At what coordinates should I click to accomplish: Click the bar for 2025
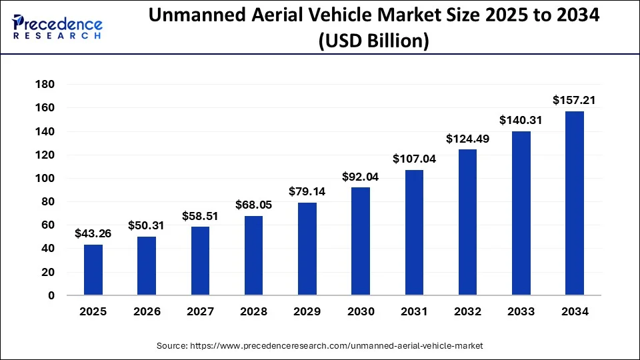point(93,270)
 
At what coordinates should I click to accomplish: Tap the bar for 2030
point(361,241)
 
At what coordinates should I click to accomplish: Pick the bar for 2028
point(254,255)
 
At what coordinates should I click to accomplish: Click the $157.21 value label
point(575,101)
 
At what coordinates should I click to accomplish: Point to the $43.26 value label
point(93,234)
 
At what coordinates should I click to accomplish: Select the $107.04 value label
point(414,159)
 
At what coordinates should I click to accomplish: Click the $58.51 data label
point(200,216)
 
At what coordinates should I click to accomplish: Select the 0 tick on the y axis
point(51,295)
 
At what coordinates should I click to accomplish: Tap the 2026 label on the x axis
point(147,312)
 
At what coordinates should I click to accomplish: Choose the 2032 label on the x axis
point(467,312)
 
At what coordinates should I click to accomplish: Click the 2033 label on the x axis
point(521,312)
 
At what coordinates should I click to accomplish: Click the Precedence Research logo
point(57,27)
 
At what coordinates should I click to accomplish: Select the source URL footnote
point(320,346)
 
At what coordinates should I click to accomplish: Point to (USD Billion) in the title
point(373,41)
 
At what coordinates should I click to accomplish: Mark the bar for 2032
point(467,223)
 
